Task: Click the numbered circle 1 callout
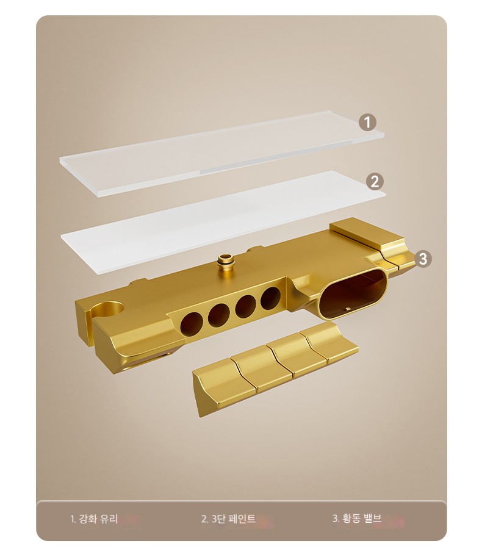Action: point(367,123)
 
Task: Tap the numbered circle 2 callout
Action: point(375,181)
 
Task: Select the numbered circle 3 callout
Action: point(423,259)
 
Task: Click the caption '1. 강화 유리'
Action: point(94,519)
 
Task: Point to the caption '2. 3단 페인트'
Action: point(228,519)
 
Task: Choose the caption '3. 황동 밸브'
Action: point(357,519)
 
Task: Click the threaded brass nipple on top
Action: point(225,262)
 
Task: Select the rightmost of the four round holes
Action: point(271,298)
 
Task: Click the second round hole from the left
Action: point(219,315)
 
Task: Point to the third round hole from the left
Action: point(246,306)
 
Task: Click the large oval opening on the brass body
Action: point(353,293)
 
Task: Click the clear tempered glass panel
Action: point(222,154)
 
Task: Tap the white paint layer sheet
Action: point(223,222)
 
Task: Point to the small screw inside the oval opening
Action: point(347,308)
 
